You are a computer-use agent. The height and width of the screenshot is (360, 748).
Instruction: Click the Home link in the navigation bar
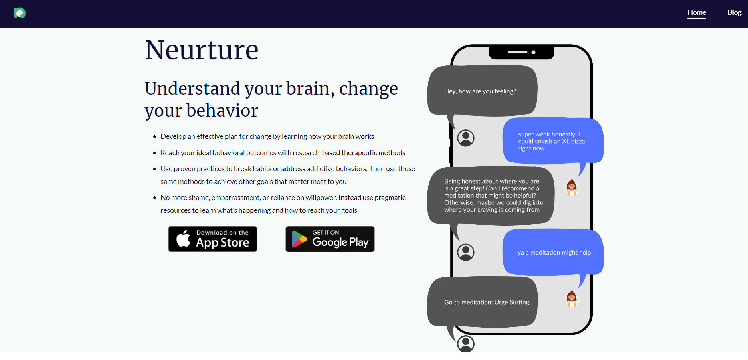697,12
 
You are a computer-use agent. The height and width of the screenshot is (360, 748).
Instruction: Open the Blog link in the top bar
734,12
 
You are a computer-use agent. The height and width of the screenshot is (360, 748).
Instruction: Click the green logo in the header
20,13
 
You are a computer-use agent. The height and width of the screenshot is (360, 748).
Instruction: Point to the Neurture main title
202,50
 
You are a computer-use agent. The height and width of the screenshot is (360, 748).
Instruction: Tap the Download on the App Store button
212,239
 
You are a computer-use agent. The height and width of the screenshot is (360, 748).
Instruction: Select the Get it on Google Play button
330,239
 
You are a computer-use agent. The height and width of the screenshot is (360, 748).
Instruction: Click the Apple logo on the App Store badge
184,239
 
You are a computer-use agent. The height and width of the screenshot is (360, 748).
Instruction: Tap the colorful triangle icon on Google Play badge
299,239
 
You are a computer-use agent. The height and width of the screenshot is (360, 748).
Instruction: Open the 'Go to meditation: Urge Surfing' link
487,302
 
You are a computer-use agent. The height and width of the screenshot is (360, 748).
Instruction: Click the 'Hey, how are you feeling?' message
480,91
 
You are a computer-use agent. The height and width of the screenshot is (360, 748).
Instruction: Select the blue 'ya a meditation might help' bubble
554,253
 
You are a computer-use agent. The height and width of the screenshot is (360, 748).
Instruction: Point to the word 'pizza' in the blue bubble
578,141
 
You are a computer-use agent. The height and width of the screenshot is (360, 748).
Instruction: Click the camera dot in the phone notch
533,52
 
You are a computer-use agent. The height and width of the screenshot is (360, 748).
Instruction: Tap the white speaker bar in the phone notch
517,52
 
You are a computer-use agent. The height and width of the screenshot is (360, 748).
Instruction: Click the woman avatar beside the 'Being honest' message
572,187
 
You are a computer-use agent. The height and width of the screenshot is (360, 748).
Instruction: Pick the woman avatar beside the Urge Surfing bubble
572,298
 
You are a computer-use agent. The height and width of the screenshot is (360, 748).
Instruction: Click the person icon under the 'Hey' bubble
465,138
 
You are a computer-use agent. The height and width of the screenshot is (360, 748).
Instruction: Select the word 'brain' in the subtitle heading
308,89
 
